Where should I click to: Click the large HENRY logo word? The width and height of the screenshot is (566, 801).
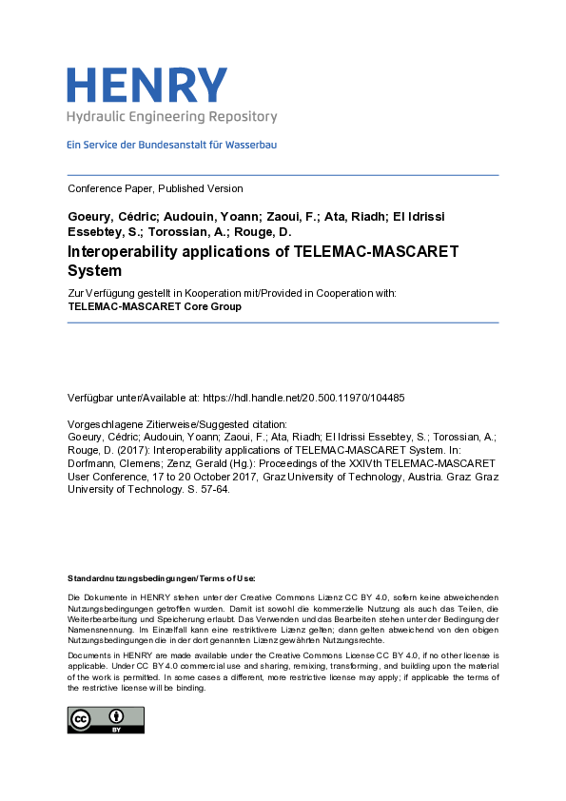pyautogui.click(x=147, y=85)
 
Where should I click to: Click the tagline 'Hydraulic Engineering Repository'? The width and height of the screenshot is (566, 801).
pyautogui.click(x=171, y=117)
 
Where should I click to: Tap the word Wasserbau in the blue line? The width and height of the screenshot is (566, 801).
pyautogui.click(x=251, y=145)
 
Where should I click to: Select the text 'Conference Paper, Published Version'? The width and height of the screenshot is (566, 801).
pyautogui.click(x=155, y=188)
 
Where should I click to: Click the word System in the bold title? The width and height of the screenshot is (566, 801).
pyautogui.click(x=95, y=270)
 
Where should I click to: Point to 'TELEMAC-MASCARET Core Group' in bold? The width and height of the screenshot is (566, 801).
pyautogui.click(x=154, y=306)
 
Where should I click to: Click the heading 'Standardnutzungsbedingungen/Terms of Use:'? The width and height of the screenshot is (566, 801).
pyautogui.click(x=161, y=578)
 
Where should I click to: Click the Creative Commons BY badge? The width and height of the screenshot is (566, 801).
pyautogui.click(x=105, y=719)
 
